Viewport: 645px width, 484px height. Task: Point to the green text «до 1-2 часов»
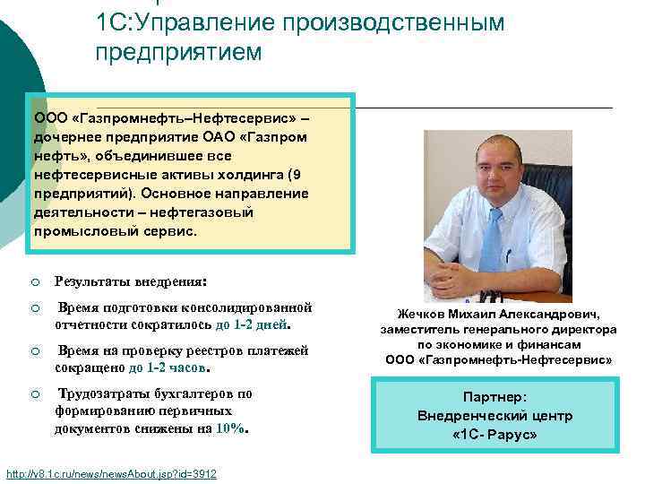tap(168, 367)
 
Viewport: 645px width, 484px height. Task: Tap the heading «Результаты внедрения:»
tap(131, 280)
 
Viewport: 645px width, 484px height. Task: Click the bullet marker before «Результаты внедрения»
tap(34, 281)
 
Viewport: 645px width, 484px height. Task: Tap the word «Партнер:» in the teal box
tap(495, 397)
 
